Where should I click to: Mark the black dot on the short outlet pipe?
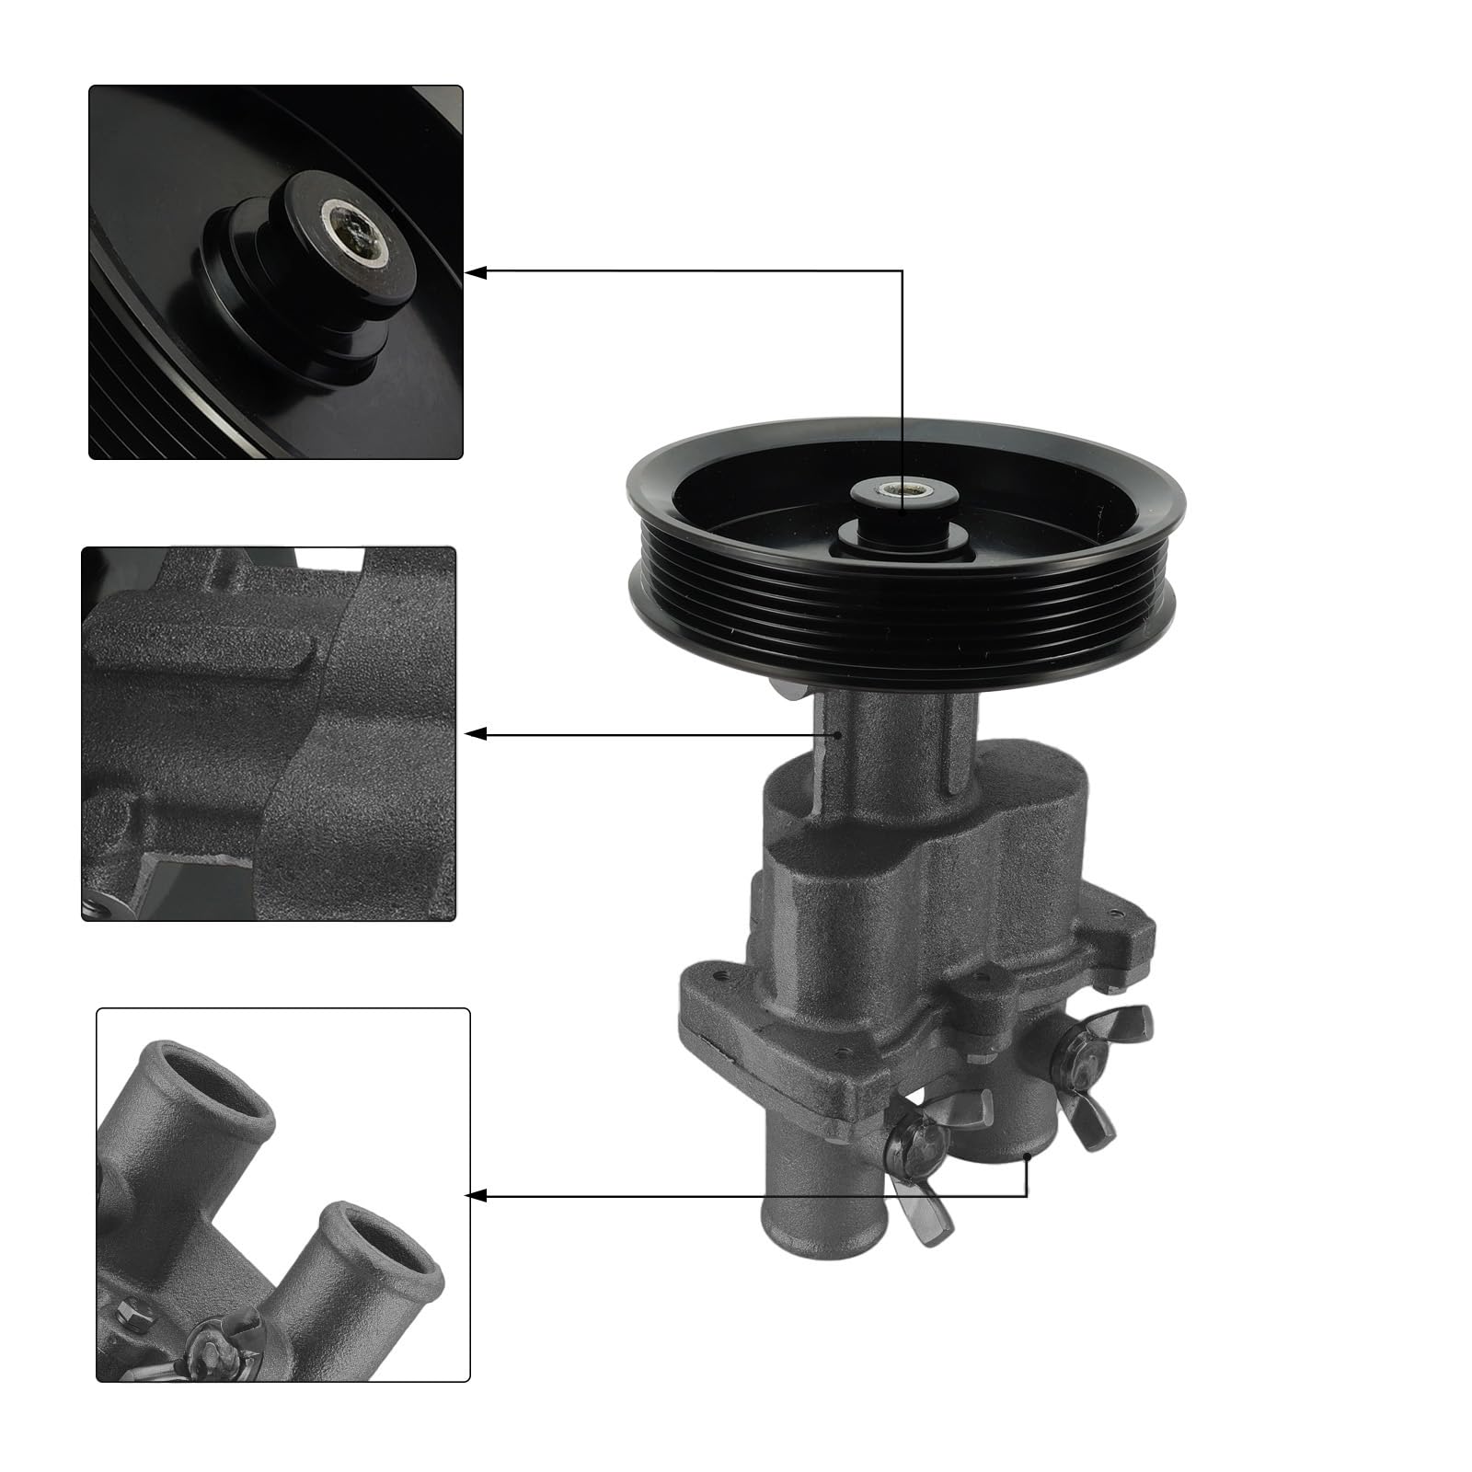[x=1028, y=1154]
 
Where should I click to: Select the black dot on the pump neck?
[x=839, y=734]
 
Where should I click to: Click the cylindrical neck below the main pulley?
[x=888, y=745]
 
